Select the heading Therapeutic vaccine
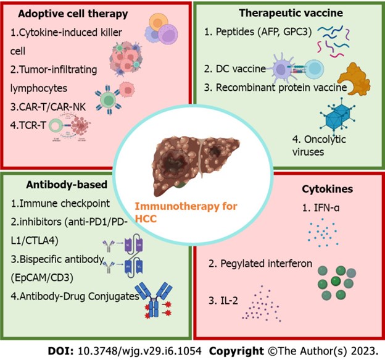[x=289, y=14]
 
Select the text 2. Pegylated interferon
[x=260, y=264]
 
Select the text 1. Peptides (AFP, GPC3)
[x=262, y=32]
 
